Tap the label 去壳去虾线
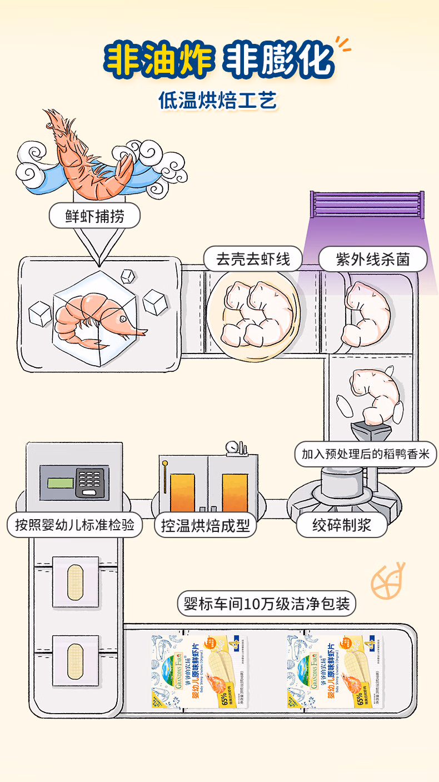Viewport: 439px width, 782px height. tap(253, 260)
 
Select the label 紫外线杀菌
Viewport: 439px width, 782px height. tap(373, 260)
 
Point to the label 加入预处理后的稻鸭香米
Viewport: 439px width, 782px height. tap(366, 454)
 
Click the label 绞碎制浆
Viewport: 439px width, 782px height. tap(341, 525)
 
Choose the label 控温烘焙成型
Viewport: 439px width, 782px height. tap(206, 525)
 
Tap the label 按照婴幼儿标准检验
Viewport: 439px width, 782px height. tap(75, 525)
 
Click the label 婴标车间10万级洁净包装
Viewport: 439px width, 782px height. tap(267, 604)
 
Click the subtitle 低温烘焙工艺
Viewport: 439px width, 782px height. tap(217, 101)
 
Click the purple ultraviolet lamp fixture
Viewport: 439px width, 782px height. tap(367, 206)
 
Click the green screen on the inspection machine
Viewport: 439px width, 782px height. tap(61, 482)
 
